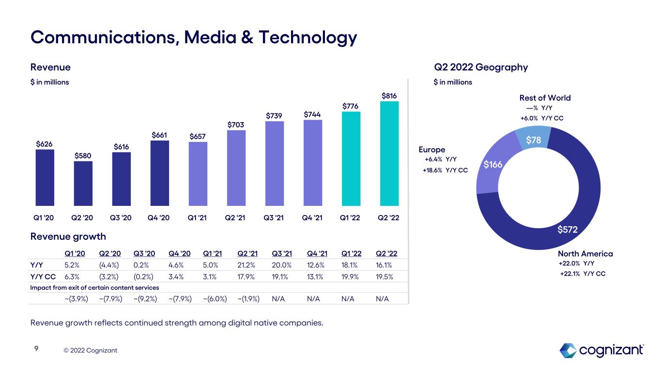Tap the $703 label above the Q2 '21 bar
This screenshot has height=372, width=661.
pyautogui.click(x=236, y=125)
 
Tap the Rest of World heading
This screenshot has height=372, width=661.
pyautogui.click(x=545, y=98)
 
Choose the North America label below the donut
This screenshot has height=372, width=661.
pyautogui.click(x=585, y=254)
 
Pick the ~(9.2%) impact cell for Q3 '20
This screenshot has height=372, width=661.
pyautogui.click(x=143, y=299)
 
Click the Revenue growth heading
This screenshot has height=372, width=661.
pyautogui.click(x=68, y=236)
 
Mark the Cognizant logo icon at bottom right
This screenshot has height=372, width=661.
pyautogui.click(x=568, y=350)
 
